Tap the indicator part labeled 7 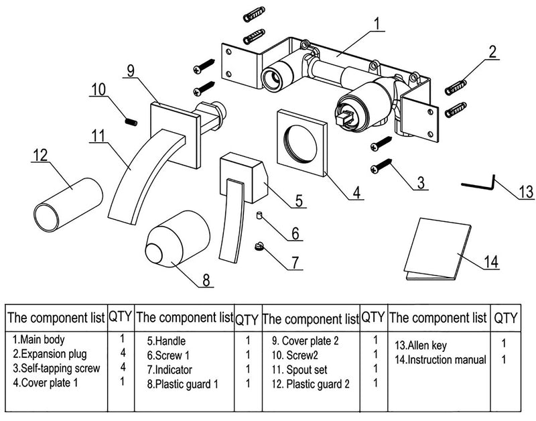pyautogui.click(x=261, y=247)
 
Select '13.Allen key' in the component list pyautogui.click(x=420, y=346)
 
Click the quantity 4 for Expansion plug pyautogui.click(x=122, y=354)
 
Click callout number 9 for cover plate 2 pyautogui.click(x=130, y=68)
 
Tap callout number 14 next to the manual pyautogui.click(x=491, y=261)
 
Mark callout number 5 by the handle pyautogui.click(x=299, y=199)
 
